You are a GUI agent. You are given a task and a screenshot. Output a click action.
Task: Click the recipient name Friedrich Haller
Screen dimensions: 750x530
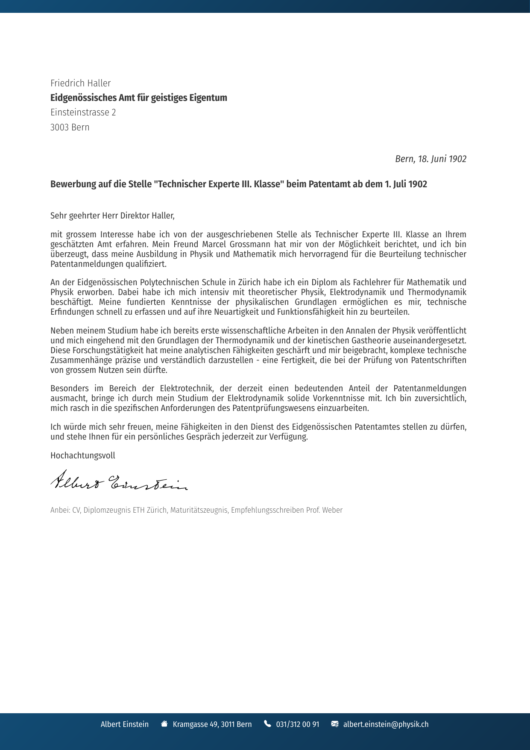80,83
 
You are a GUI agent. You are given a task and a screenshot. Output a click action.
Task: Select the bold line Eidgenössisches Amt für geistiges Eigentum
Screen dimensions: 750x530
138,98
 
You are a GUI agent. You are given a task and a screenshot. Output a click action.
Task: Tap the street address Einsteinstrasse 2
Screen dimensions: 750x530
83,112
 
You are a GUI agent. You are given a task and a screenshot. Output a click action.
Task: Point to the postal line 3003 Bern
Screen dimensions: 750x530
70,127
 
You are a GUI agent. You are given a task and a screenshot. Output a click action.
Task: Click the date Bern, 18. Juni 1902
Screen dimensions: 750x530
430,159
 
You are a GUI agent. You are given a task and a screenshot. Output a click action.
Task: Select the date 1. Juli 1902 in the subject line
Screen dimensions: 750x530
406,184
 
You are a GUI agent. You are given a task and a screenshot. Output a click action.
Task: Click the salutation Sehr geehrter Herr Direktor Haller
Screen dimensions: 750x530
112,216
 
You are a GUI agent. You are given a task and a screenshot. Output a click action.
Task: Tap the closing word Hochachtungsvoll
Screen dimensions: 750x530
82,455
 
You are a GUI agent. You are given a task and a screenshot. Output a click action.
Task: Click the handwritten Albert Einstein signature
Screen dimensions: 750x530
119,481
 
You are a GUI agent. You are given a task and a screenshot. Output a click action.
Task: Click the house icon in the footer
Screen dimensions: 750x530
164,724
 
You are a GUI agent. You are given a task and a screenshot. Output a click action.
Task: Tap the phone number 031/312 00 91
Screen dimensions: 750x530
297,724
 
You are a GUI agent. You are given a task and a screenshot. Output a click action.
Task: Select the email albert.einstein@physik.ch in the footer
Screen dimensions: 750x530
386,724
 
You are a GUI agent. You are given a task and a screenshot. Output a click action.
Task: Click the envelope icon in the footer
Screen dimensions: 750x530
335,724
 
